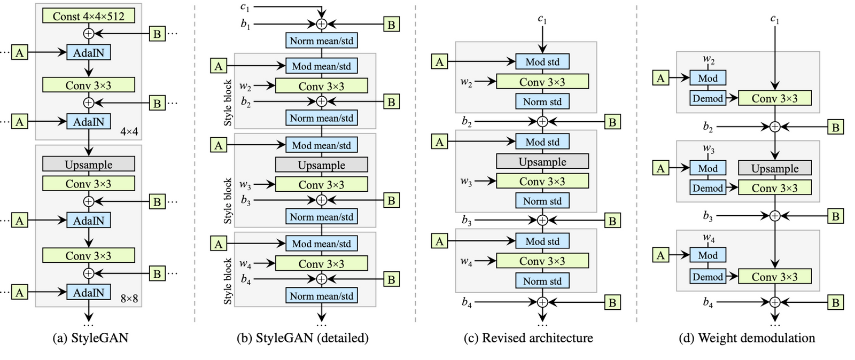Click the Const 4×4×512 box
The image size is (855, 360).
coord(88,16)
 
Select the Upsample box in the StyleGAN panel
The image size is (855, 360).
coord(88,165)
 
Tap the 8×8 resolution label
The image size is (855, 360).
coord(129,299)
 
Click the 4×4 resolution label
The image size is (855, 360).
coord(129,131)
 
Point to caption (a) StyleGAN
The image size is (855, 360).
coord(90,338)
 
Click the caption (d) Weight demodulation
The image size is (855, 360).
coord(747,338)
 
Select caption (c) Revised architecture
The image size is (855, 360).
coord(528,338)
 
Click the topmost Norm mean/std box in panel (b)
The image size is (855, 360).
coord(321,41)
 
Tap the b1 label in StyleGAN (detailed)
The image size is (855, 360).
coord(245,25)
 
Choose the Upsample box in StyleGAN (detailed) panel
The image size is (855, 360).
coord(321,165)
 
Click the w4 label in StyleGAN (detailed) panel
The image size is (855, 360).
coord(245,263)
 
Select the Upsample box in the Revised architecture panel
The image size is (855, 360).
coord(542,162)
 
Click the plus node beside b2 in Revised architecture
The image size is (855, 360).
coord(542,122)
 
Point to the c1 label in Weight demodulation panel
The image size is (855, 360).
coord(775,19)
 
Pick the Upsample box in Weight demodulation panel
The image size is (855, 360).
coord(774,168)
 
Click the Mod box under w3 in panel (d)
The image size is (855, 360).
coord(708,168)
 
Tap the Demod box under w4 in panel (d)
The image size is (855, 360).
coord(708,277)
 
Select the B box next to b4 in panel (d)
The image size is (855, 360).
coord(835,303)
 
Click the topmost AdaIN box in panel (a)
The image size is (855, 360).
coord(88,52)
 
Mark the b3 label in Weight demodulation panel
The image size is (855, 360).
coord(708,216)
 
